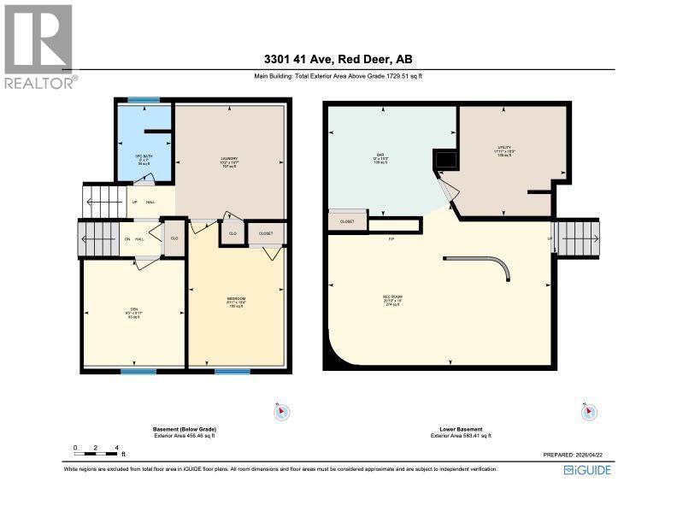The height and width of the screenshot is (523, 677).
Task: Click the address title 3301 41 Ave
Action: [x=338, y=60]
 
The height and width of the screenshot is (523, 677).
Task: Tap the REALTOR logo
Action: [x=39, y=47]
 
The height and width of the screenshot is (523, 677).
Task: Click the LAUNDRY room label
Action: [x=228, y=158]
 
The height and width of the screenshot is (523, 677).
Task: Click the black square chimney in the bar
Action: [x=445, y=159]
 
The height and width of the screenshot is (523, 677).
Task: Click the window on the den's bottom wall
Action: [x=138, y=371]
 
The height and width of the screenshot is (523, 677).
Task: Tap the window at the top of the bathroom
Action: [x=143, y=101]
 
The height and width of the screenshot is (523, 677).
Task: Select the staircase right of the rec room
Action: [x=578, y=238]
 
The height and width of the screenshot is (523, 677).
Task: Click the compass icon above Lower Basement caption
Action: [x=588, y=412]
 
